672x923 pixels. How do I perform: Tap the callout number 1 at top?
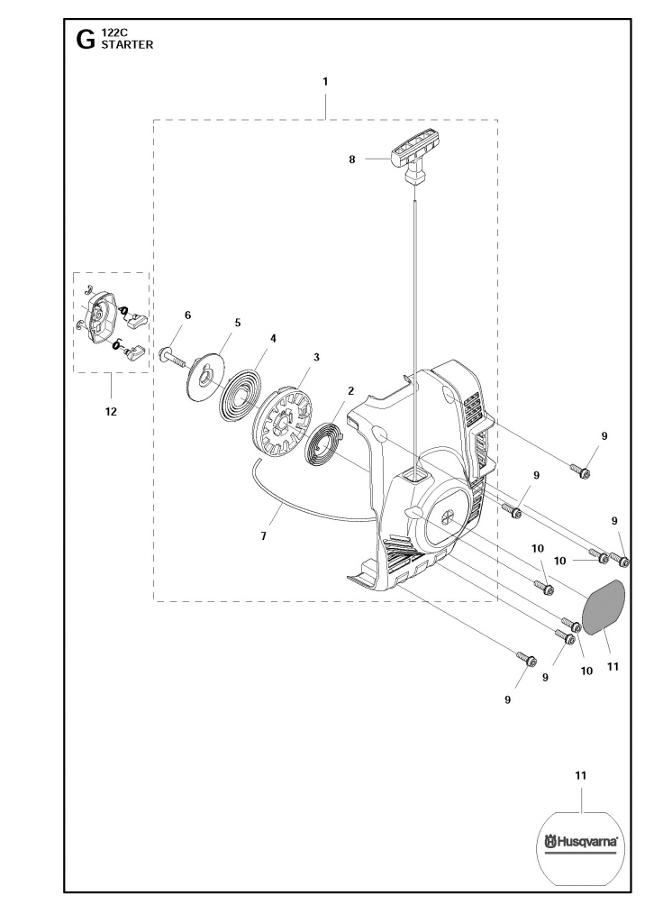[x=325, y=82]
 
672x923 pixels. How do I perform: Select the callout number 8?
[x=352, y=159]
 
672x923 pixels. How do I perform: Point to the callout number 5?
[x=238, y=323]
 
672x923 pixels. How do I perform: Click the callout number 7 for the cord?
[x=264, y=536]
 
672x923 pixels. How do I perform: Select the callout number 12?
[x=111, y=411]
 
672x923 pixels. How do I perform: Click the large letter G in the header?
[x=86, y=40]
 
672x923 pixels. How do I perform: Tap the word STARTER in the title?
[x=127, y=45]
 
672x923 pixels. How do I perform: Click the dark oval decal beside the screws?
[x=604, y=606]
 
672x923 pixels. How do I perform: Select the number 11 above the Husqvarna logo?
[x=581, y=776]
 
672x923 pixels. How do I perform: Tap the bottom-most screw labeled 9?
[x=527, y=659]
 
